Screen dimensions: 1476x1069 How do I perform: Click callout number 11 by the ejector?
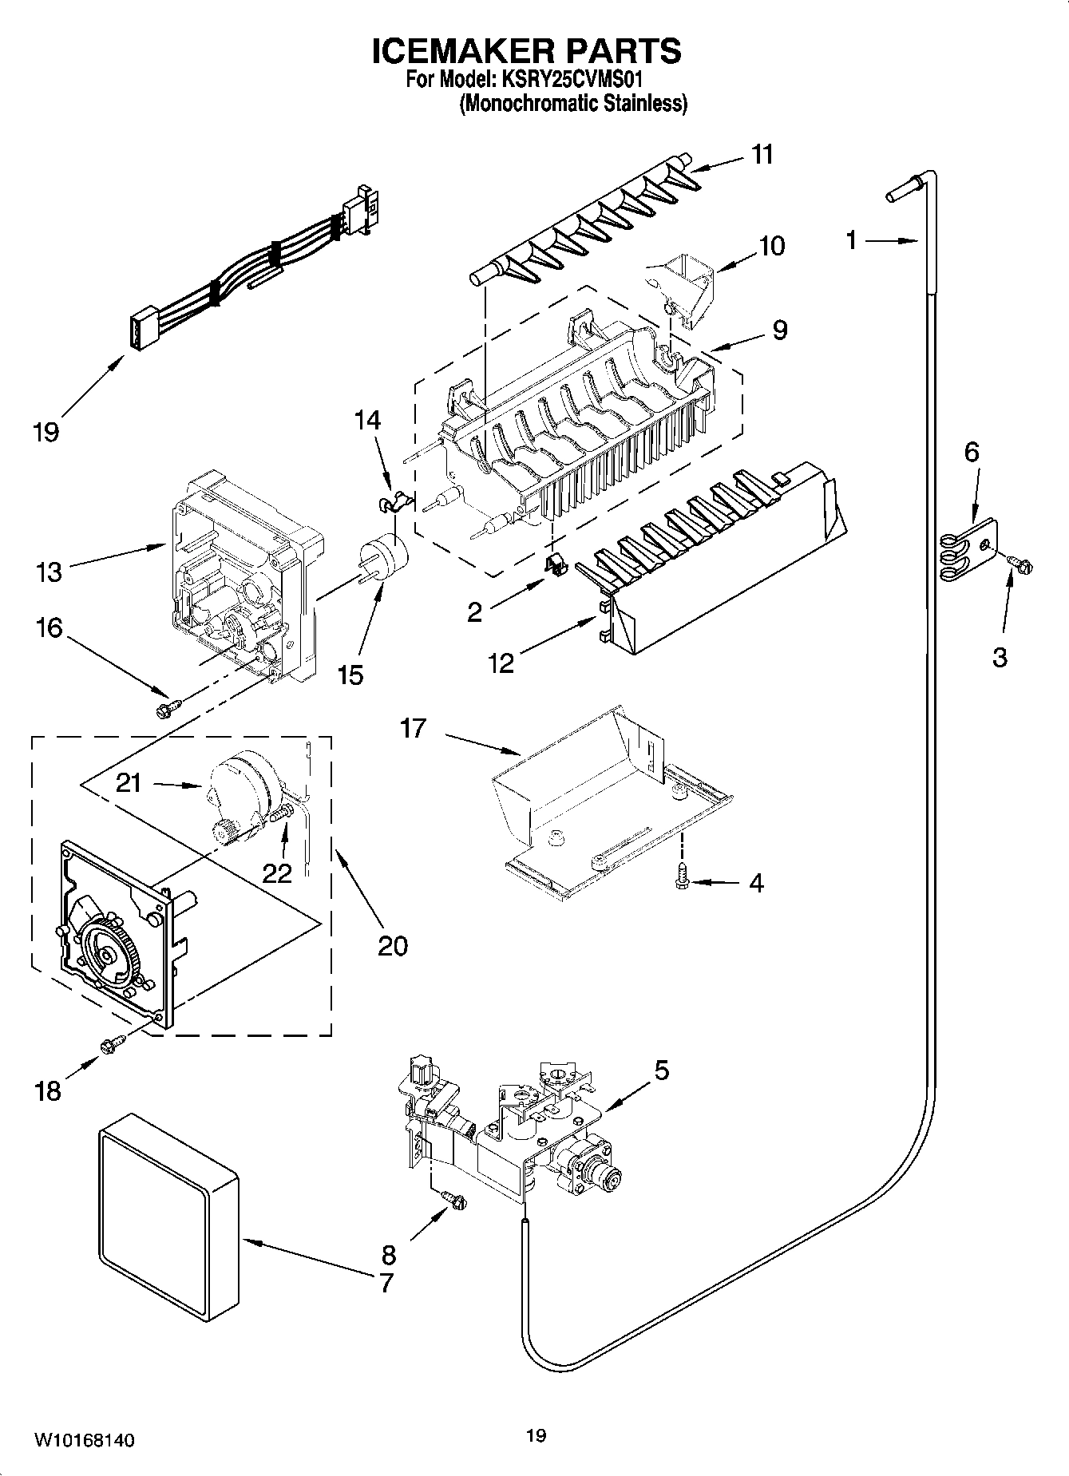(762, 154)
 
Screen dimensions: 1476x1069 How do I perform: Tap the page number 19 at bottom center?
(536, 1436)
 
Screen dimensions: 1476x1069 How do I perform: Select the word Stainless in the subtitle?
(647, 104)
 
